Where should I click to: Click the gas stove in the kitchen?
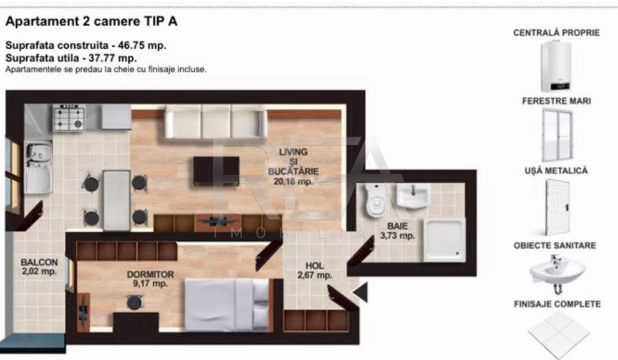tap(69, 117)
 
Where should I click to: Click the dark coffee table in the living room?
tap(216, 171)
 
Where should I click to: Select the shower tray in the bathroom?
tap(444, 240)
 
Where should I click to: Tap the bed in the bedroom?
tap(228, 305)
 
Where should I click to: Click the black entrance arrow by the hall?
tap(360, 292)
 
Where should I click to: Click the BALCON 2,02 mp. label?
tap(39, 266)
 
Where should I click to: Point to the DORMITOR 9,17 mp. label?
tap(150, 279)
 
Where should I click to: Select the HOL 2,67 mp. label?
tap(314, 271)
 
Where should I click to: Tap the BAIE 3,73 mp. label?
tap(397, 231)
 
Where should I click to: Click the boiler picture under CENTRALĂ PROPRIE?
tap(556, 66)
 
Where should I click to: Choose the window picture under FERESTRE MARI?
tap(558, 135)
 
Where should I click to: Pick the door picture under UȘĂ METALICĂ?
tap(558, 207)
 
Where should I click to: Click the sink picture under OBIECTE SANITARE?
tap(557, 273)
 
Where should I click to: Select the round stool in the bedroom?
tap(135, 303)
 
